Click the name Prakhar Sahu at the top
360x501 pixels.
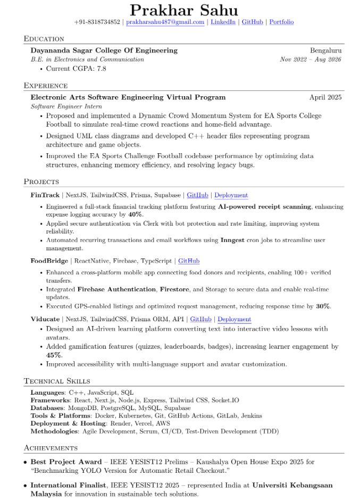(x=183, y=10)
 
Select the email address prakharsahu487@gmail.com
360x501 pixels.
(x=165, y=22)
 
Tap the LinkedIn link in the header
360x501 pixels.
(x=223, y=22)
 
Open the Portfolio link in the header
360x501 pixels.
(x=281, y=22)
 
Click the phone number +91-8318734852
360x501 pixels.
(x=97, y=22)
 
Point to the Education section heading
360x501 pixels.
(x=44, y=39)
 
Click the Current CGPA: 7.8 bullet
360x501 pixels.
(x=76, y=69)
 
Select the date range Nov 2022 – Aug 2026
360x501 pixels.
(x=311, y=60)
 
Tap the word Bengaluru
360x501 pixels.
(x=326, y=51)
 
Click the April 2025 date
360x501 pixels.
(x=325, y=97)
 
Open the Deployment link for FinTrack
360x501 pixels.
(x=231, y=195)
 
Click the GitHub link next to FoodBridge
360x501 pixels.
(x=189, y=261)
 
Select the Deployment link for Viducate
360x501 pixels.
(x=234, y=319)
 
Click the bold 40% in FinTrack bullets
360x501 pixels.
(x=135, y=214)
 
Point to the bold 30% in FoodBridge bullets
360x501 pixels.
(x=323, y=306)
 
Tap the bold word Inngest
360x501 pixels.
(x=232, y=240)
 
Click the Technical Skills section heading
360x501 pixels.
(x=57, y=381)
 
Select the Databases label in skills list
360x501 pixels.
(x=47, y=408)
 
